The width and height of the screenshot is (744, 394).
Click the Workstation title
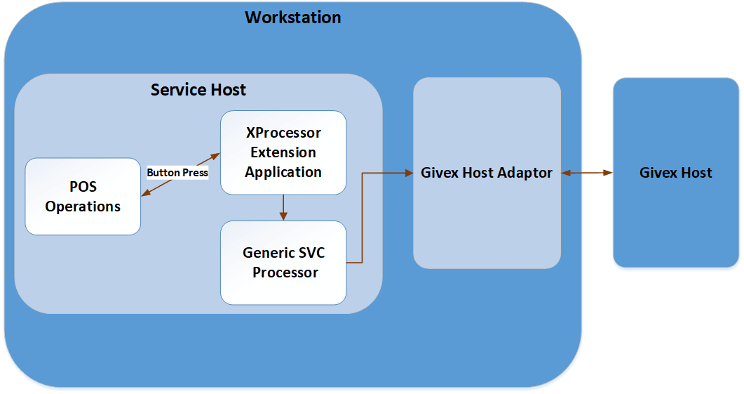point(292,18)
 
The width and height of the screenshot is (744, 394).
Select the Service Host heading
point(198,90)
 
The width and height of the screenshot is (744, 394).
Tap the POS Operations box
point(83,197)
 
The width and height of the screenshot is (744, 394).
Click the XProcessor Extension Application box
point(283,152)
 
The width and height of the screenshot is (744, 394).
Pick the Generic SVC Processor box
point(283,263)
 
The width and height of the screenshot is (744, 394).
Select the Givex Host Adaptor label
point(487,173)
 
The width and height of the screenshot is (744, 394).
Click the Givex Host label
point(675,173)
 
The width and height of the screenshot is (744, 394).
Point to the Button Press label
point(177,173)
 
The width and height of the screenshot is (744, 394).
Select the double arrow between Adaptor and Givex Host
point(587,173)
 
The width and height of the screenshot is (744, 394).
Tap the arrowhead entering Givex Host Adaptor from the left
point(409,173)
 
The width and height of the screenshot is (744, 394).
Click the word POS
point(83,188)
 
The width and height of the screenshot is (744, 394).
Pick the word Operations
point(83,206)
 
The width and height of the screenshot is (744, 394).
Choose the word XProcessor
point(283,133)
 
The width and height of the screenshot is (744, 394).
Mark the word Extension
point(283,152)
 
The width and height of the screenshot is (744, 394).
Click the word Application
point(283,172)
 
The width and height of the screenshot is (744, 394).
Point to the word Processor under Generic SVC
point(285,272)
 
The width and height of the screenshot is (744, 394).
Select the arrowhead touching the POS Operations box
point(145,195)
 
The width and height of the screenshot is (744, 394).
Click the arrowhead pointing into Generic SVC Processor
point(283,216)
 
